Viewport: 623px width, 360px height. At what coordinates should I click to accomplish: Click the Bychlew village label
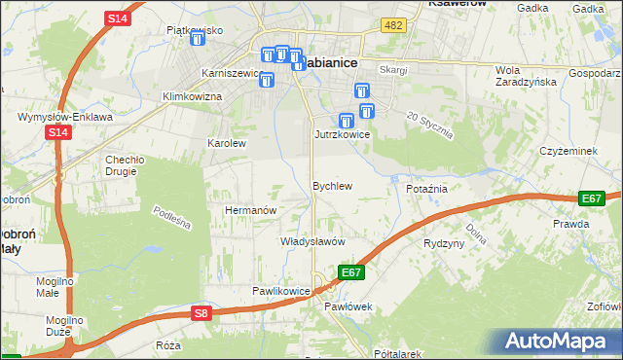tap(331, 185)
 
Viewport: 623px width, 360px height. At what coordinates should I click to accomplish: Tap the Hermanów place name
tap(252, 209)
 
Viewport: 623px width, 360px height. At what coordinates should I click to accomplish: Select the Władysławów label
tap(313, 240)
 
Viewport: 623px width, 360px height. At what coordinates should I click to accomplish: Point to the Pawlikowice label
tap(280, 290)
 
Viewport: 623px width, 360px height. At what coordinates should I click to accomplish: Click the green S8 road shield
tap(201, 312)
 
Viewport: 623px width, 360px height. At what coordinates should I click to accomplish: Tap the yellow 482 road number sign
tap(393, 25)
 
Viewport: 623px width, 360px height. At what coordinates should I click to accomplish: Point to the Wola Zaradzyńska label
tap(526, 76)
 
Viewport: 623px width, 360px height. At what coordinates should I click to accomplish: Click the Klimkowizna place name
tap(192, 96)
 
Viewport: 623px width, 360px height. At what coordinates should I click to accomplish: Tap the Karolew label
tap(226, 142)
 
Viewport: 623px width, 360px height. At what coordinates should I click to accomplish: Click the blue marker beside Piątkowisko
tap(198, 39)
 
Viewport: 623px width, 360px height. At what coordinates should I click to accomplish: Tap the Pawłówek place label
tap(348, 306)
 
